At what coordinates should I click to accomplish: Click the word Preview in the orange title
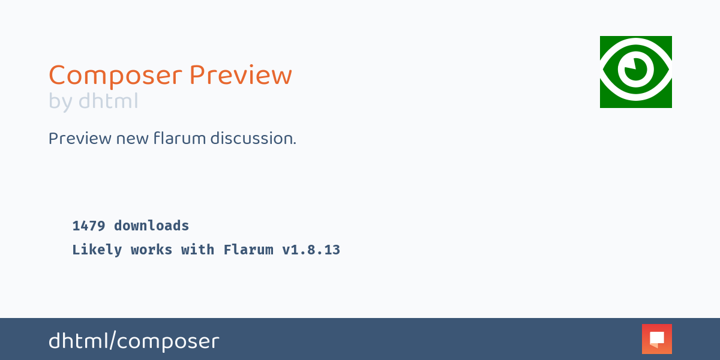click(x=241, y=76)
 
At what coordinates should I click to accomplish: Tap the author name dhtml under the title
click(x=108, y=101)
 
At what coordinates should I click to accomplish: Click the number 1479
click(x=89, y=226)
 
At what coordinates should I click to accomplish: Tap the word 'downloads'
click(x=152, y=226)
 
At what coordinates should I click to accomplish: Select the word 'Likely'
click(x=97, y=250)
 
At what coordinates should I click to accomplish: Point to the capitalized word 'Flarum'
click(x=248, y=250)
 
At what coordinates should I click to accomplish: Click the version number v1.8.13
click(x=311, y=250)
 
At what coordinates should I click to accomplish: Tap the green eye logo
click(x=636, y=72)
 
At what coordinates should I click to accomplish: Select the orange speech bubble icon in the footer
click(x=657, y=339)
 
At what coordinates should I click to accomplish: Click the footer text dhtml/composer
click(x=134, y=341)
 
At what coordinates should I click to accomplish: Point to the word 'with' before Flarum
click(x=198, y=250)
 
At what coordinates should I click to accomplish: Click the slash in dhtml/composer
click(x=112, y=341)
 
